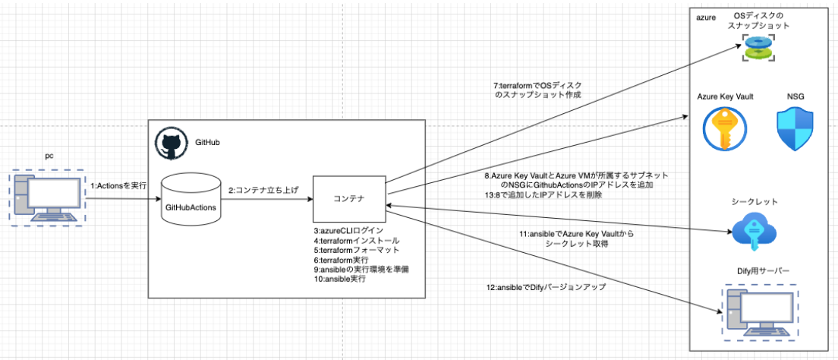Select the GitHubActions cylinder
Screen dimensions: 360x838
[x=191, y=199]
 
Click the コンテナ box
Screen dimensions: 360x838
[x=350, y=199]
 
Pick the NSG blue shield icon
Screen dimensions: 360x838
[x=795, y=128]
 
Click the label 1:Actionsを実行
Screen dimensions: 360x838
[x=119, y=185]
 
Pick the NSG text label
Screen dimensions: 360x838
[x=796, y=96]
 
